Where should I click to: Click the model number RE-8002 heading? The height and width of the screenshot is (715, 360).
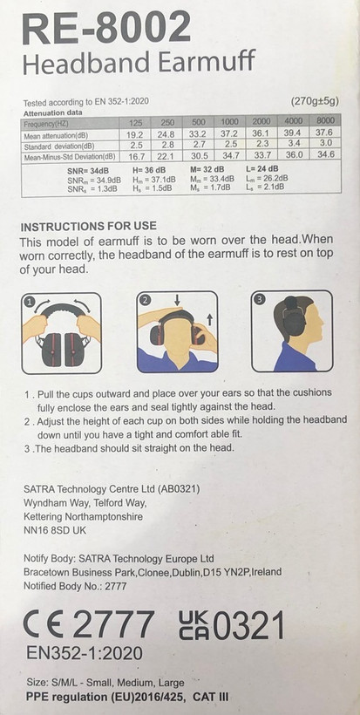coord(106,27)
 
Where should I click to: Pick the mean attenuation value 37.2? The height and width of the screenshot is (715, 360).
coord(229,135)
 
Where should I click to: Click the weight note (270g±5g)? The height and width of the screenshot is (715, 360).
coord(315,101)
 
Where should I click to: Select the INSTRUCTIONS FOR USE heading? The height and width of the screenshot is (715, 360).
coord(89,227)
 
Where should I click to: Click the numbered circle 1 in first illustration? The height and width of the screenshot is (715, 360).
coord(30,302)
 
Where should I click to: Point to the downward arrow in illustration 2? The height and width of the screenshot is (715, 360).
coord(177,300)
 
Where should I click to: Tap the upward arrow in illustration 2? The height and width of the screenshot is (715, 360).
coord(209,320)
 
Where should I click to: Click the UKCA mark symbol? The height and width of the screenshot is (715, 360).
coord(195,624)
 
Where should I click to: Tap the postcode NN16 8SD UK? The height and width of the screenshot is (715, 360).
coord(55,531)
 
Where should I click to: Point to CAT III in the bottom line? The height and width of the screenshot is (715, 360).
coord(211,697)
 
